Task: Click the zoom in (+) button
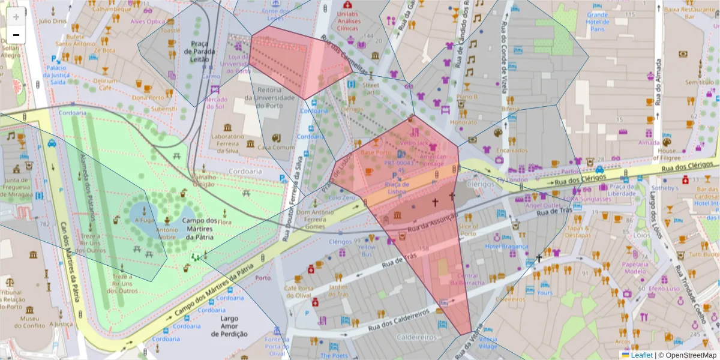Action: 16,16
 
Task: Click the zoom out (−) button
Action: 16,35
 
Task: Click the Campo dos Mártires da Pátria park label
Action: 199,228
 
